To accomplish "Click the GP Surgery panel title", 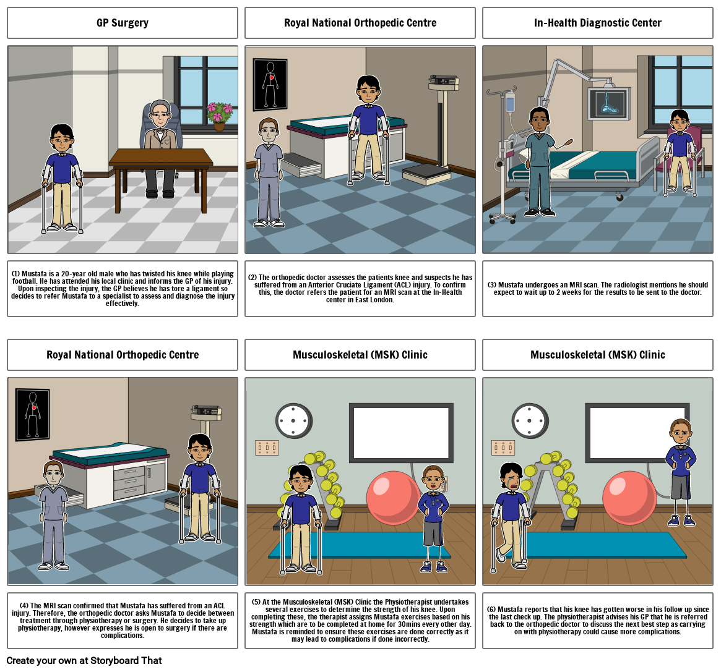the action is [123, 23].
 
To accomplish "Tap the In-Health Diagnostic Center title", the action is [597, 23].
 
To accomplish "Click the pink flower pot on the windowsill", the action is [219, 116].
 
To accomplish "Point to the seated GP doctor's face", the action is [160, 116].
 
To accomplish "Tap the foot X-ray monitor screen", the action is [609, 103].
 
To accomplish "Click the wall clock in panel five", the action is [294, 421].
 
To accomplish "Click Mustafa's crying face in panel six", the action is [511, 480].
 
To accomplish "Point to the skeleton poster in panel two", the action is [270, 85].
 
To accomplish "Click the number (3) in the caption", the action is [491, 285].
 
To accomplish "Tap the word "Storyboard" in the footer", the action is [114, 660].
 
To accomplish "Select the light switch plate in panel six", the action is [503, 448].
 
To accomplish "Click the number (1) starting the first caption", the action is [15, 274].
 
